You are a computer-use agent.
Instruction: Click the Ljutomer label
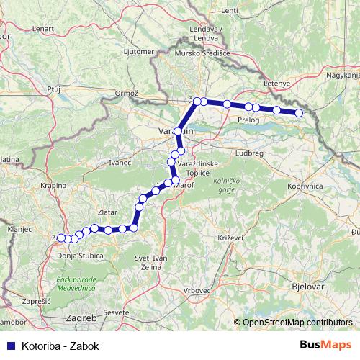pyautogui.click(x=140, y=52)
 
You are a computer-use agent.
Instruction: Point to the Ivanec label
pyautogui.click(x=120, y=163)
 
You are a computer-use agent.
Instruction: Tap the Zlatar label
pyautogui.click(x=107, y=212)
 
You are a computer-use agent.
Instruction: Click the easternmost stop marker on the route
pyautogui.click(x=300, y=112)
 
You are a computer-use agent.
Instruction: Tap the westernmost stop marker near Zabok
pyautogui.click(x=60, y=238)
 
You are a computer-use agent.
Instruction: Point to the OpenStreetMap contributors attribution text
pyautogui.click(x=297, y=323)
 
